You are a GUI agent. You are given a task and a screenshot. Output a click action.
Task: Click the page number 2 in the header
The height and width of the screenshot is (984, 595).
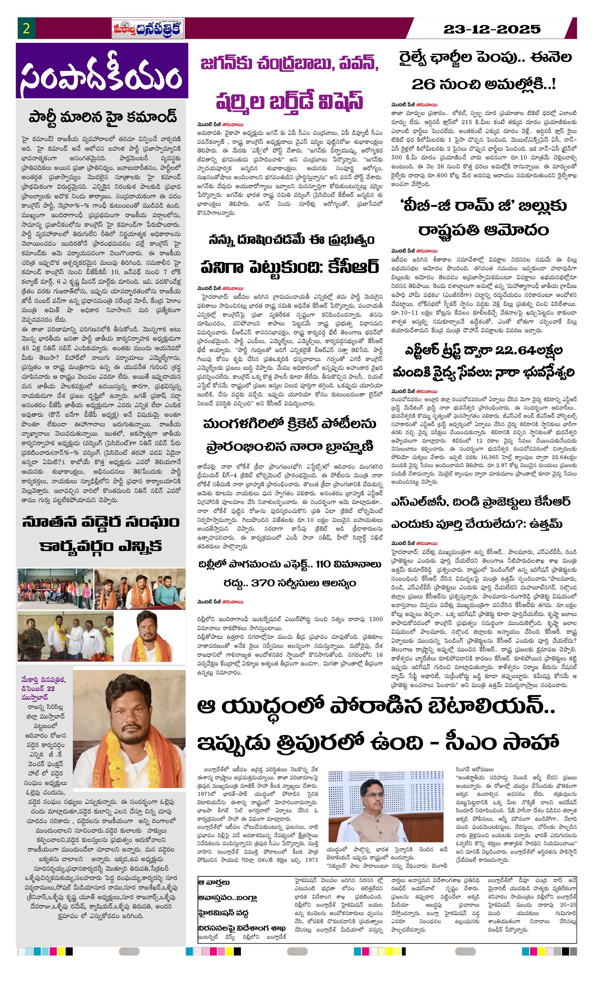(26, 29)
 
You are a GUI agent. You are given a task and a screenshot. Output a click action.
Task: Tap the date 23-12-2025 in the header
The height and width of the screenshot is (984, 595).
(492, 29)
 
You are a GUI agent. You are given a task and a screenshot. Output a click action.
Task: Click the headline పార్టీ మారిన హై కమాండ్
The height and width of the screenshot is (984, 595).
(102, 117)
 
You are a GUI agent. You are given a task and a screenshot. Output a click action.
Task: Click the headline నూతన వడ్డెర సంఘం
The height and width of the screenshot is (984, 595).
(101, 522)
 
